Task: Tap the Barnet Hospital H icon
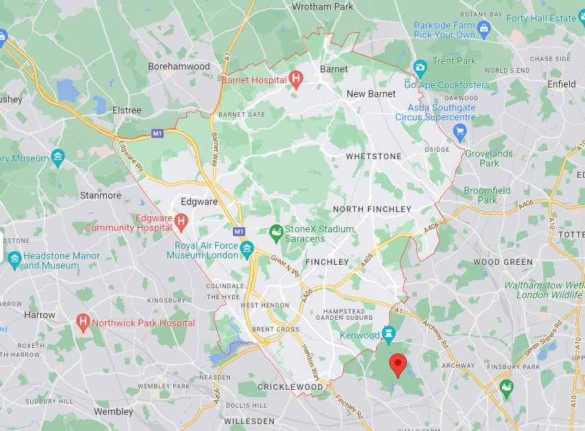click(296, 80)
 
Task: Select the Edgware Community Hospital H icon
click(182, 221)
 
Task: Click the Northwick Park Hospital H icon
click(84, 322)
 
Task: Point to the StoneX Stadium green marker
click(276, 233)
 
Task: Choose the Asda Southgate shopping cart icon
click(460, 132)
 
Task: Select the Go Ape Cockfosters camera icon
click(420, 67)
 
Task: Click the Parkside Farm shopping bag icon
click(484, 28)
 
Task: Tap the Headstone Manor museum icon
click(14, 260)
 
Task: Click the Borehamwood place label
click(179, 67)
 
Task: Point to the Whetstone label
click(373, 156)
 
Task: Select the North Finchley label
click(372, 209)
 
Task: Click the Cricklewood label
click(290, 387)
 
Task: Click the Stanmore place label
click(101, 196)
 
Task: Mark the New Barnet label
click(371, 94)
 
